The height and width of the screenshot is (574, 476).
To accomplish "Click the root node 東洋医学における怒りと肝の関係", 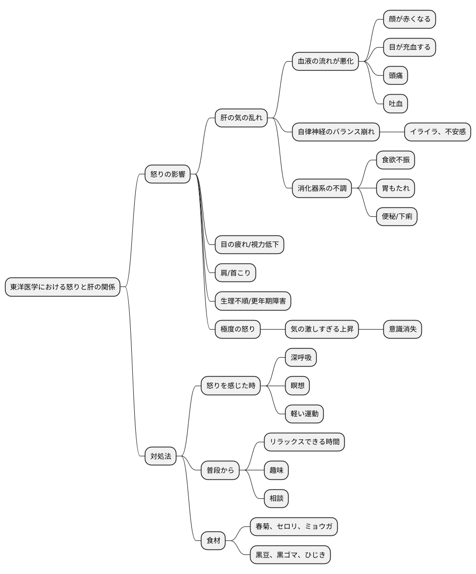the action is [x=63, y=287].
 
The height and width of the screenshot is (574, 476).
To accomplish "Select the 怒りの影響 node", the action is [x=168, y=174].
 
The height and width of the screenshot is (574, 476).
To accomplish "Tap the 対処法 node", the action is [x=161, y=456].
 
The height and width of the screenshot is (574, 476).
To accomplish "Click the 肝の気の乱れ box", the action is [x=242, y=118].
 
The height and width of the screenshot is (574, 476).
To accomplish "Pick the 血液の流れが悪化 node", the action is [x=326, y=62].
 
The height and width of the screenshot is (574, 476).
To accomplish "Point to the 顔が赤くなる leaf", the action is [x=409, y=19].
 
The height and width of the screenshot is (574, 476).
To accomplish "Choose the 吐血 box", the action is [x=395, y=104].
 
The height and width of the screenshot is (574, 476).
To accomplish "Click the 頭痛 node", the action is [x=395, y=76].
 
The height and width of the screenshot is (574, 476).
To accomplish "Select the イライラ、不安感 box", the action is [x=437, y=132].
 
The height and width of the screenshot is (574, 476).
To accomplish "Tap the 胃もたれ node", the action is [x=395, y=188].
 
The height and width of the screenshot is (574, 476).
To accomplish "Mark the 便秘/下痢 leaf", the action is [x=397, y=216].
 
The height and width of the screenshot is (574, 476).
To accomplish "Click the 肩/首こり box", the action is [x=235, y=272].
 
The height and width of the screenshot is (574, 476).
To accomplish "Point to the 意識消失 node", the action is [x=402, y=329].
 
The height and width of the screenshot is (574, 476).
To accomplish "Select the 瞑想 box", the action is [x=297, y=386].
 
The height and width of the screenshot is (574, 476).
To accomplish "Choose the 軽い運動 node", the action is [x=304, y=414].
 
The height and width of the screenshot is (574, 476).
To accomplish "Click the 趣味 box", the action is [x=277, y=470].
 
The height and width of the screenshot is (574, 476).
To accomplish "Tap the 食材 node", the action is [x=213, y=540].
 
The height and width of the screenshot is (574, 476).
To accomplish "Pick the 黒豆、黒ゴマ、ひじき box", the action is [x=291, y=554].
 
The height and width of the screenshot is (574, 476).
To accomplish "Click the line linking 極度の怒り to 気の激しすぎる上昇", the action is [x=273, y=329].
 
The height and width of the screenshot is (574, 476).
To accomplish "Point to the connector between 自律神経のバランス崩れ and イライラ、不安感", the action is [x=392, y=132].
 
